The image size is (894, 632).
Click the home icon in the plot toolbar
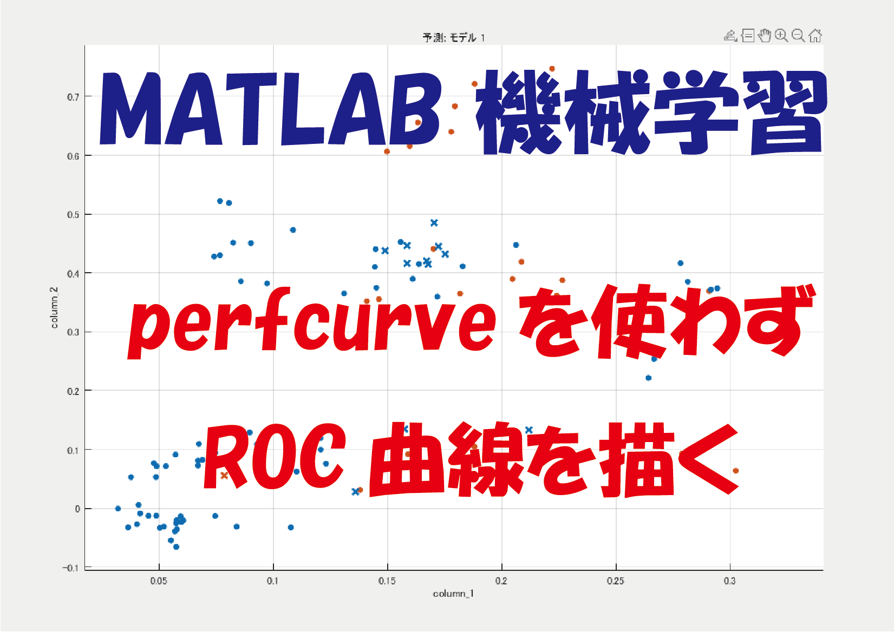815,36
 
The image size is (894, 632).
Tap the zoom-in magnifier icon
781,36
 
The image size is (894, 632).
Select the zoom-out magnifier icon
798,36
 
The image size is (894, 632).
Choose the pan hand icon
764,36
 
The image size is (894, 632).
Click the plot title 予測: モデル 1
453,37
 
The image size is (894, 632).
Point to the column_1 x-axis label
453,594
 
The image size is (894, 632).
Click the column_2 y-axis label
54,307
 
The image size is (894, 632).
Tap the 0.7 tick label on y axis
73,97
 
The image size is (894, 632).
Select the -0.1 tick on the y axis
71,568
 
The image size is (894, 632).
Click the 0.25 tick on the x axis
615,581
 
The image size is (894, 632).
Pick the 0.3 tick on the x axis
729,581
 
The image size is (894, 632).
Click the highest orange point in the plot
552,69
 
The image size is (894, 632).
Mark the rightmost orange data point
735,471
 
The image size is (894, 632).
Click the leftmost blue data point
118,509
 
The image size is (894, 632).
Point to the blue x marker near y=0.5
434,223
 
